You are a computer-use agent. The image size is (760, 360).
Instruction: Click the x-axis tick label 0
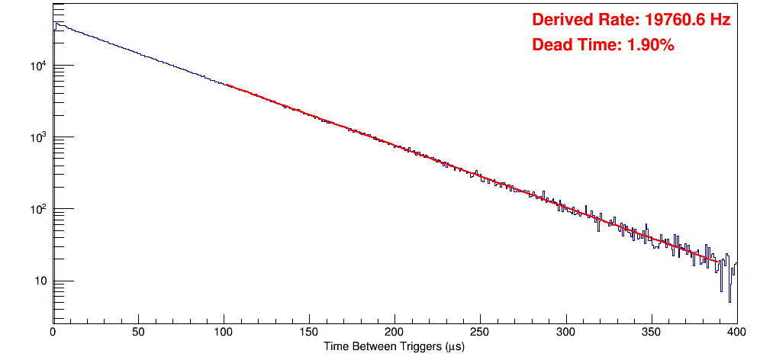coord(53,333)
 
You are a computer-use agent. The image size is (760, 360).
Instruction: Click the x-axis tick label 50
coord(138,333)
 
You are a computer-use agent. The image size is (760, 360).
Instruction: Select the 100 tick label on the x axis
coord(224,333)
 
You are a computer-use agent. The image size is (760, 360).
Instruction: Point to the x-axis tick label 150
coord(309,333)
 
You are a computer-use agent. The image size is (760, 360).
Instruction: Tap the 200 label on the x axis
coord(394,333)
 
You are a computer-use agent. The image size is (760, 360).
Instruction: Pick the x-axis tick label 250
coord(480,333)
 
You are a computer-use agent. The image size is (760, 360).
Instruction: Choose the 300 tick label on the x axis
coord(565,333)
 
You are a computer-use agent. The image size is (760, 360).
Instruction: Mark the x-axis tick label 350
coord(651,333)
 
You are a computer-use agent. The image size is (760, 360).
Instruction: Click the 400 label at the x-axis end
coord(736,333)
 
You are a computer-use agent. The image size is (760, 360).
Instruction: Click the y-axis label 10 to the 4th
coord(37,66)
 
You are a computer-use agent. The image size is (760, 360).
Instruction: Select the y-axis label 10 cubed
coord(37,137)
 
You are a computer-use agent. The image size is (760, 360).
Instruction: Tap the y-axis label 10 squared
coord(37,209)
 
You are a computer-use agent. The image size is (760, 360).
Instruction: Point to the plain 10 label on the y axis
coord(40,281)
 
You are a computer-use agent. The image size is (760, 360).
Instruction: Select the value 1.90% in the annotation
coord(650,46)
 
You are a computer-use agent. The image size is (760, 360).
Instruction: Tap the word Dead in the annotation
coord(551,46)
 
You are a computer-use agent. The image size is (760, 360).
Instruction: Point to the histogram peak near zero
coord(56,24)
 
